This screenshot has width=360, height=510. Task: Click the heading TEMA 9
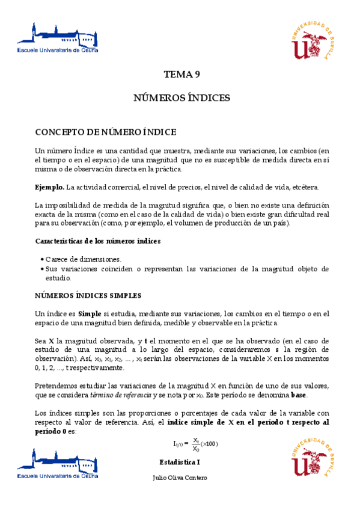pyautogui.click(x=182, y=75)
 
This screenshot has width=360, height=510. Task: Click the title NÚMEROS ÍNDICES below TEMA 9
pyautogui.click(x=182, y=98)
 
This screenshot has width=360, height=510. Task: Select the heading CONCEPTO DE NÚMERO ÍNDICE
pyautogui.click(x=105, y=132)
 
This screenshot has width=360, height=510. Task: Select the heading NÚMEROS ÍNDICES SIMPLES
pyautogui.click(x=88, y=296)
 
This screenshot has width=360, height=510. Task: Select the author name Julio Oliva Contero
pyautogui.click(x=181, y=478)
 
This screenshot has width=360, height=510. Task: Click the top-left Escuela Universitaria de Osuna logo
pyautogui.click(x=58, y=40)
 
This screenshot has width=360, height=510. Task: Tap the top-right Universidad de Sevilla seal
pyautogui.click(x=311, y=40)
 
